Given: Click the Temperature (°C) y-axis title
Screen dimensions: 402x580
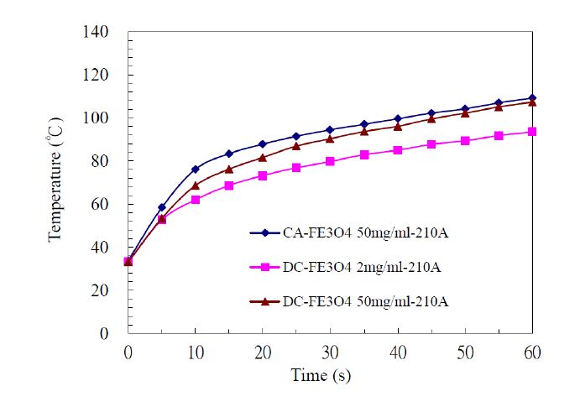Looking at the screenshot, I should coord(55,183).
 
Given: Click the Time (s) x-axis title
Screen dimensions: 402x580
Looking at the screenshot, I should coord(321,375).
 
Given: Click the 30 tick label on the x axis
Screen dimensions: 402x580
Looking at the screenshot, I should coord(330,349).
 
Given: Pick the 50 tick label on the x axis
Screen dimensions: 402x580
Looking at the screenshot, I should coord(465,349).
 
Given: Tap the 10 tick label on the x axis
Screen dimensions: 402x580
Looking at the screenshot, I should coord(196,349).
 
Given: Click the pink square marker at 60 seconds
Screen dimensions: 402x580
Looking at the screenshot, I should coord(532,132).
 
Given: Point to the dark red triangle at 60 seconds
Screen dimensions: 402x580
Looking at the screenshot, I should coord(532,102).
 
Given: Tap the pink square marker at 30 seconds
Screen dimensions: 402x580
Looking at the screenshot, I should coord(330,161).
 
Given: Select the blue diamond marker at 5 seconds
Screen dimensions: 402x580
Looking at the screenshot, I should coord(162,207).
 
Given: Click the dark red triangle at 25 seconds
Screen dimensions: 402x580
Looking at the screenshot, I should coord(296,146).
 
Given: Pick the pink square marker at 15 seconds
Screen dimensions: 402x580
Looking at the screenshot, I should coord(229,185).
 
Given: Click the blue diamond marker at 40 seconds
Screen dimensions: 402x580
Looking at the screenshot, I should coord(398,119).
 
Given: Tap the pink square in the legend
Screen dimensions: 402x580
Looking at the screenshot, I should coord(264,267).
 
